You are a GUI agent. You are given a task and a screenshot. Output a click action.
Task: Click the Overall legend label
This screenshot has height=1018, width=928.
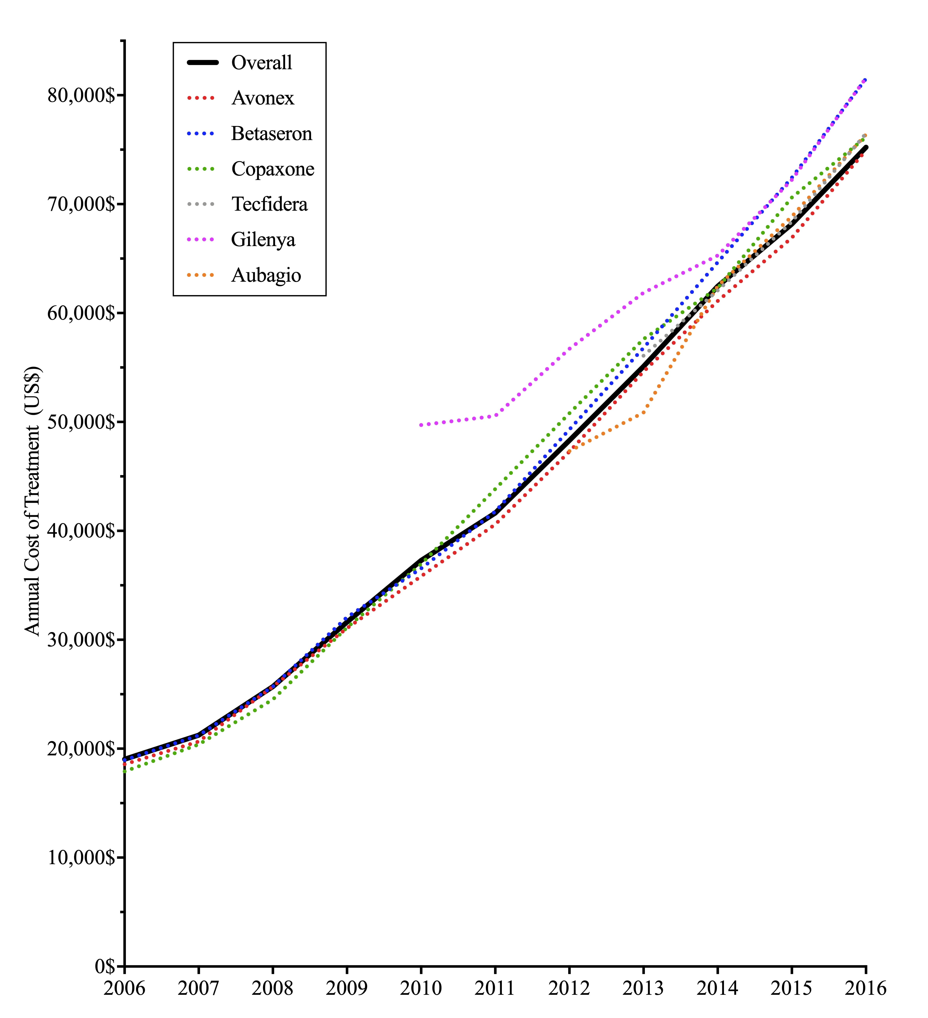point(261,63)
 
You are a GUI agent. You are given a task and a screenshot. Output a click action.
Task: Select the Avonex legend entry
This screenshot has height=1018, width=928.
point(263,98)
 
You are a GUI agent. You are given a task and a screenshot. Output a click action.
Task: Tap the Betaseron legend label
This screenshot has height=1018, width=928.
point(272,133)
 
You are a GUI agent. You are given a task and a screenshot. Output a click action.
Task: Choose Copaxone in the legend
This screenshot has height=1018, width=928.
point(273,169)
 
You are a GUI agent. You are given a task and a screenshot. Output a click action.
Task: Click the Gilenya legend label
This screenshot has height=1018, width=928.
point(263,239)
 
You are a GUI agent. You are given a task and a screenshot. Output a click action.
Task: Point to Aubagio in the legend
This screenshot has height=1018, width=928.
point(266,275)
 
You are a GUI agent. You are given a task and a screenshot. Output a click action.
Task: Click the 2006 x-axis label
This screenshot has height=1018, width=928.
point(124,988)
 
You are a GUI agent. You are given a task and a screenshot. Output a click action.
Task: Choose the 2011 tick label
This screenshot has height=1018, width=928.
point(495,988)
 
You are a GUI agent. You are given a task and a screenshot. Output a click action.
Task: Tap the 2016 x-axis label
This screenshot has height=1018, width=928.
point(865,988)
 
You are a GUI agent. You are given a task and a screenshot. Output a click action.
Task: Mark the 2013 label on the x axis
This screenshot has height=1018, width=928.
point(643,988)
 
